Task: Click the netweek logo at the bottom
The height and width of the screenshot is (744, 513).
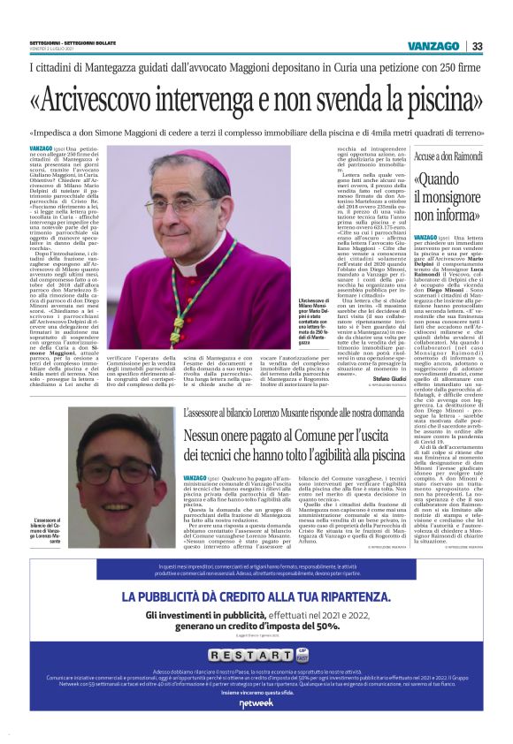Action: click(x=256, y=726)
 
